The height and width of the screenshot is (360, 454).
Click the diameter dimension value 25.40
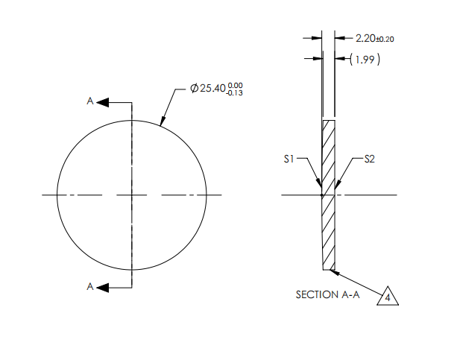click(212, 89)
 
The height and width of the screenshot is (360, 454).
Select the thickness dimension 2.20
click(367, 37)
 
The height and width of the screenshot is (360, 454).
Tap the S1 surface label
click(290, 159)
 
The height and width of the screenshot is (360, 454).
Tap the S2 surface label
click(368, 159)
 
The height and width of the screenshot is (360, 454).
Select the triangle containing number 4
click(388, 297)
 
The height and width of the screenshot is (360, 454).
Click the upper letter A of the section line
click(90, 101)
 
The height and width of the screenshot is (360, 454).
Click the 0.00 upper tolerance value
click(235, 85)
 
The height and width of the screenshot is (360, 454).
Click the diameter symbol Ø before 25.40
click(194, 89)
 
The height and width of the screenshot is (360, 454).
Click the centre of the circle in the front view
click(132, 195)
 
